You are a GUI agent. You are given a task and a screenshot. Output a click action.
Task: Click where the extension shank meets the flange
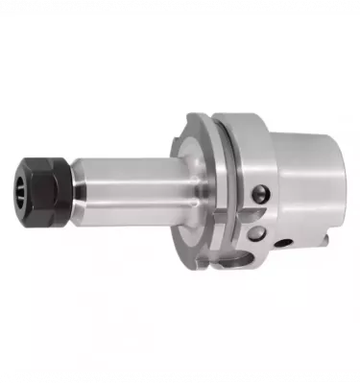click(180, 190)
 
